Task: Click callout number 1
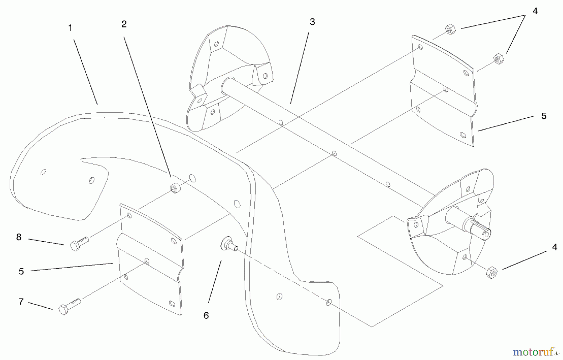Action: click(70, 28)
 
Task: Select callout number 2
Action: click(124, 24)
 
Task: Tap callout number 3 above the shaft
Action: click(312, 22)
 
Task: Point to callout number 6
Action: click(206, 316)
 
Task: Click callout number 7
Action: click(21, 302)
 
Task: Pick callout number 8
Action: click(19, 237)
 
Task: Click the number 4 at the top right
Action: click(535, 11)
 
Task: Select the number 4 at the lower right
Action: click(555, 247)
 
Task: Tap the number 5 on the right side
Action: click(544, 116)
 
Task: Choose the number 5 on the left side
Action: click(21, 271)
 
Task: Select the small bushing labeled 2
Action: click(175, 188)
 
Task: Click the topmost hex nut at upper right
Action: click(450, 30)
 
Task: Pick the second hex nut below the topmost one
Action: click(498, 59)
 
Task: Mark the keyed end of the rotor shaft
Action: click(480, 231)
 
